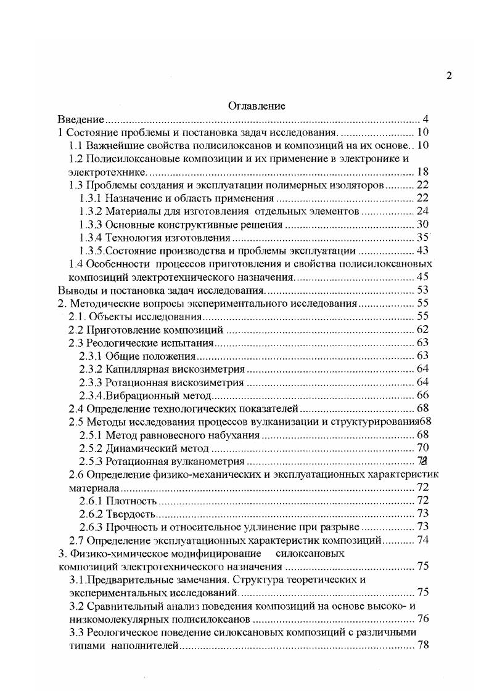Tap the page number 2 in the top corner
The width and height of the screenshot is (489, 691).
[x=449, y=76]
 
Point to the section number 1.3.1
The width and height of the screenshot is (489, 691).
[x=91, y=198]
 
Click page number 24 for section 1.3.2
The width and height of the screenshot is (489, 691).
[x=422, y=212]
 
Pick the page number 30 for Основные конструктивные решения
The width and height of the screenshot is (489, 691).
[x=422, y=225]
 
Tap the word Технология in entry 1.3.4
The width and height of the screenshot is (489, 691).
[x=131, y=238]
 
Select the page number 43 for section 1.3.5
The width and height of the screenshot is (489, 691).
[x=422, y=251]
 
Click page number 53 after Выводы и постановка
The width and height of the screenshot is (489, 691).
[x=422, y=290]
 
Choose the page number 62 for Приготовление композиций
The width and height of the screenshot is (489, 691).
[x=422, y=330]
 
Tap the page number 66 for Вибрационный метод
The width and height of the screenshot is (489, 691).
[x=422, y=395]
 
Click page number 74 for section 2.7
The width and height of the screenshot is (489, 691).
[x=422, y=540]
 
